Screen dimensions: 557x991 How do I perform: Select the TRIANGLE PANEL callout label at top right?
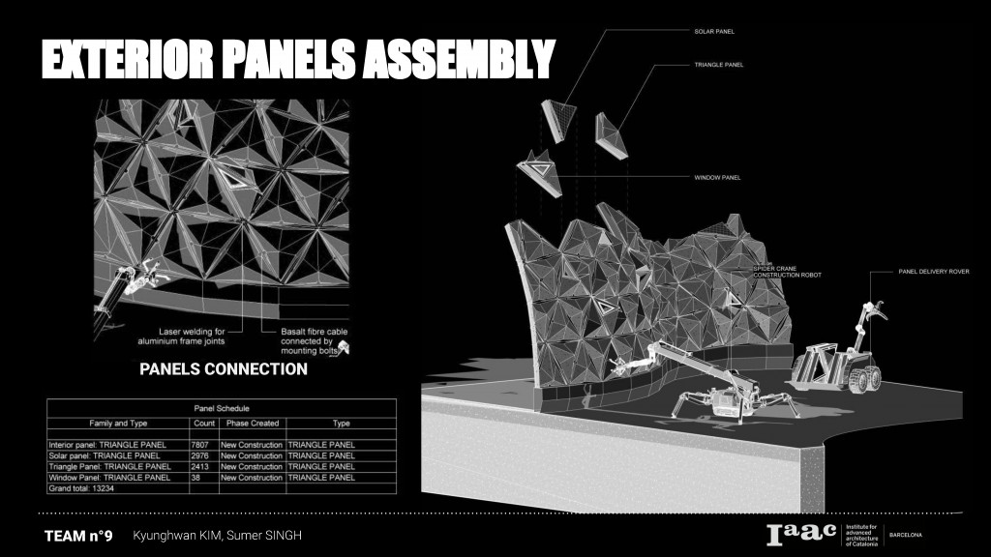tap(717, 64)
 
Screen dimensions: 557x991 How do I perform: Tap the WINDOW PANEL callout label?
tap(717, 178)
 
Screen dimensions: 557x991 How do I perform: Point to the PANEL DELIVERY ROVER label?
tap(934, 272)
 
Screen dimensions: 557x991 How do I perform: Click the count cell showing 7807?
tap(200, 444)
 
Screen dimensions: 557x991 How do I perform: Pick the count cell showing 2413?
tap(200, 466)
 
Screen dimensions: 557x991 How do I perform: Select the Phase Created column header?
tap(252, 424)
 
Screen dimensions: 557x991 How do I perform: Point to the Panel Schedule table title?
tap(222, 409)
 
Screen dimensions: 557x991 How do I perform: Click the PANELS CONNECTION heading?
tap(224, 368)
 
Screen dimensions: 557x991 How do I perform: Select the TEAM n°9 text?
tap(78, 536)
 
